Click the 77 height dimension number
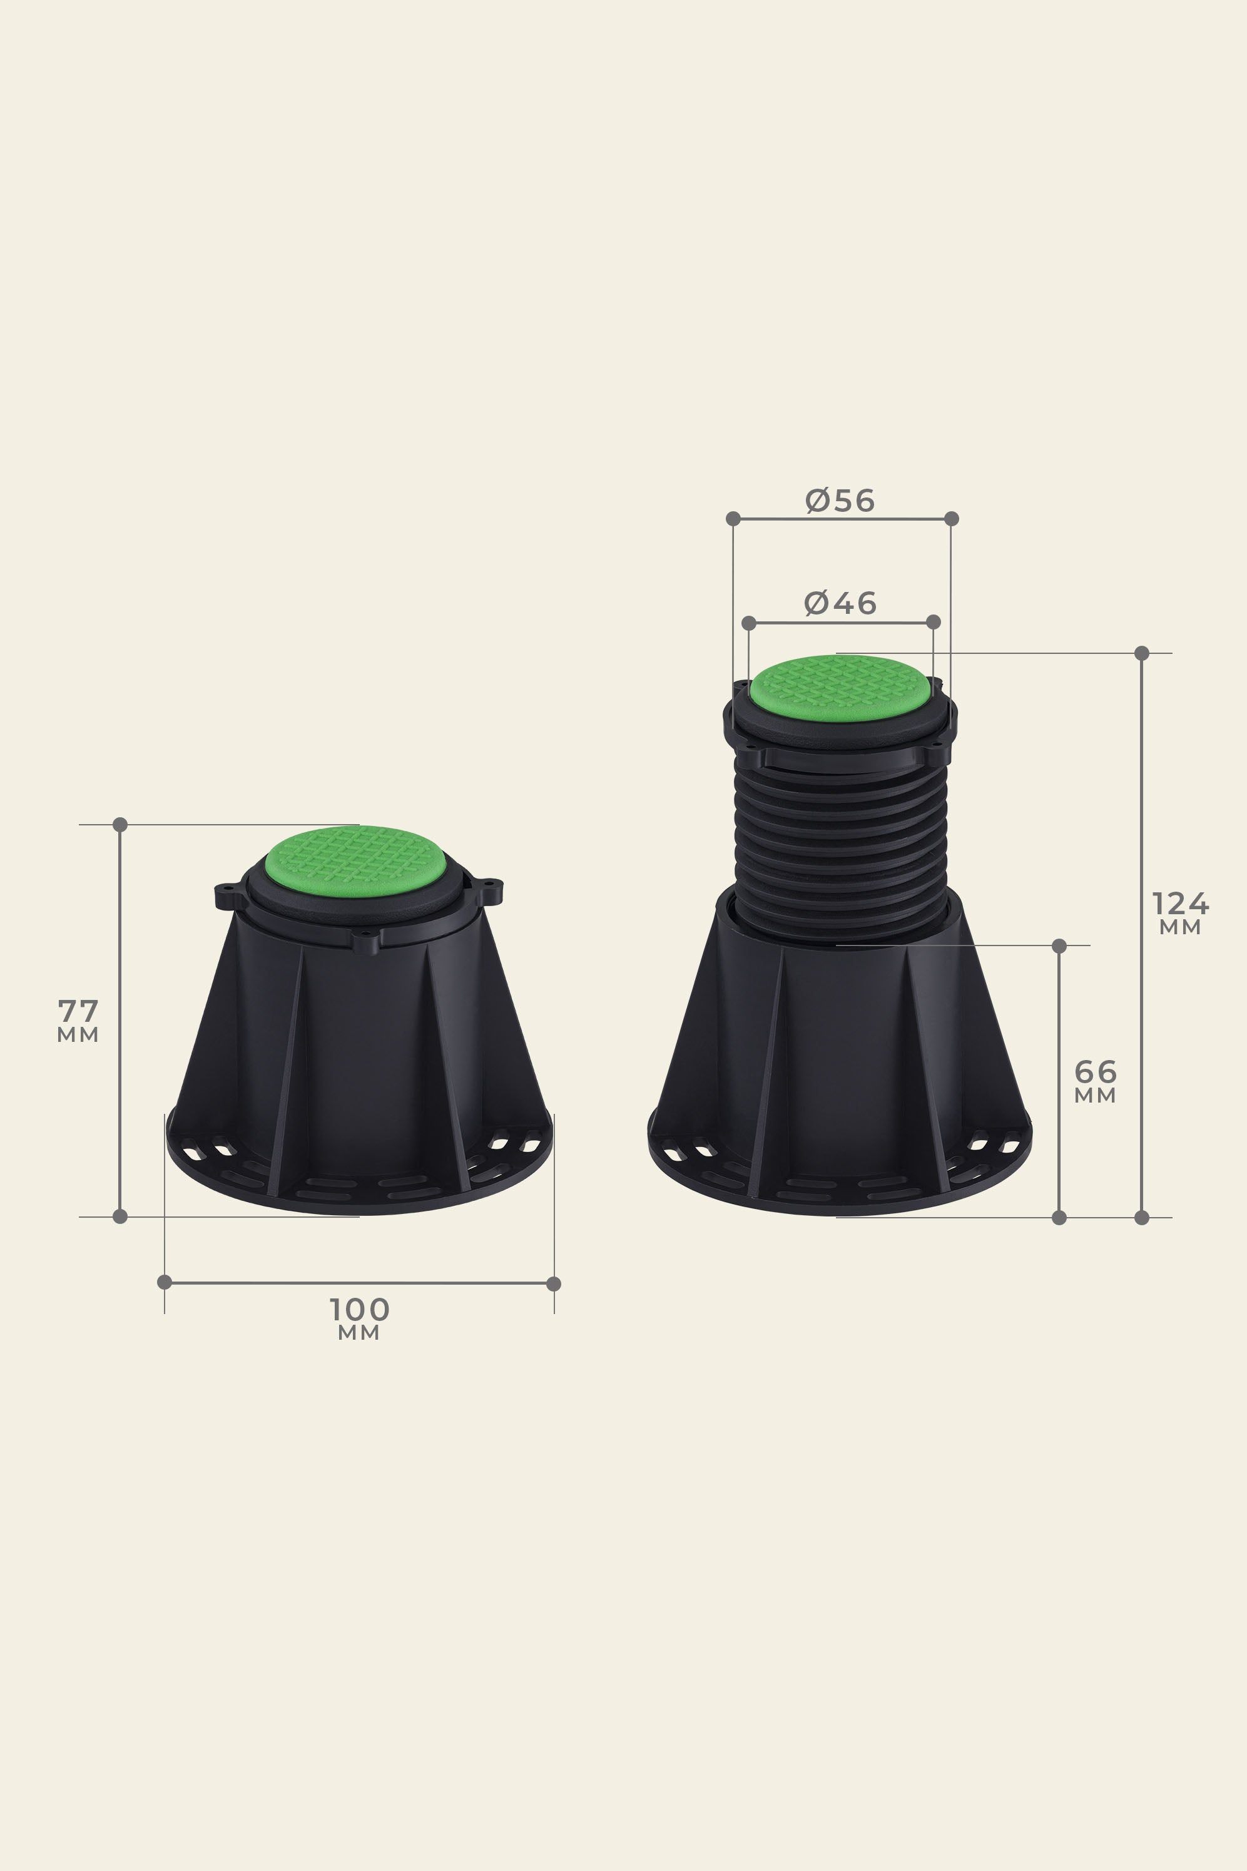click(x=78, y=1011)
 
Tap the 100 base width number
click(x=360, y=1309)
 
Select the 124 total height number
click(x=1180, y=904)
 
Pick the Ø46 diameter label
click(x=840, y=603)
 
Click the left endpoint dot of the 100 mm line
click(x=165, y=1282)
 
